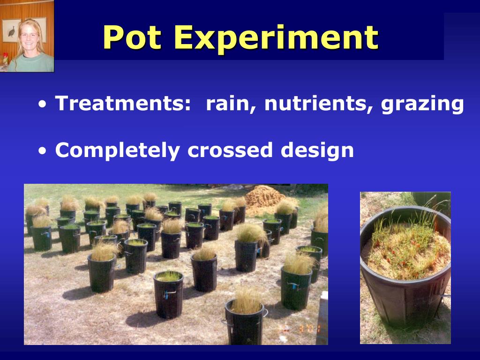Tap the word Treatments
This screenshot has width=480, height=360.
point(120,103)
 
